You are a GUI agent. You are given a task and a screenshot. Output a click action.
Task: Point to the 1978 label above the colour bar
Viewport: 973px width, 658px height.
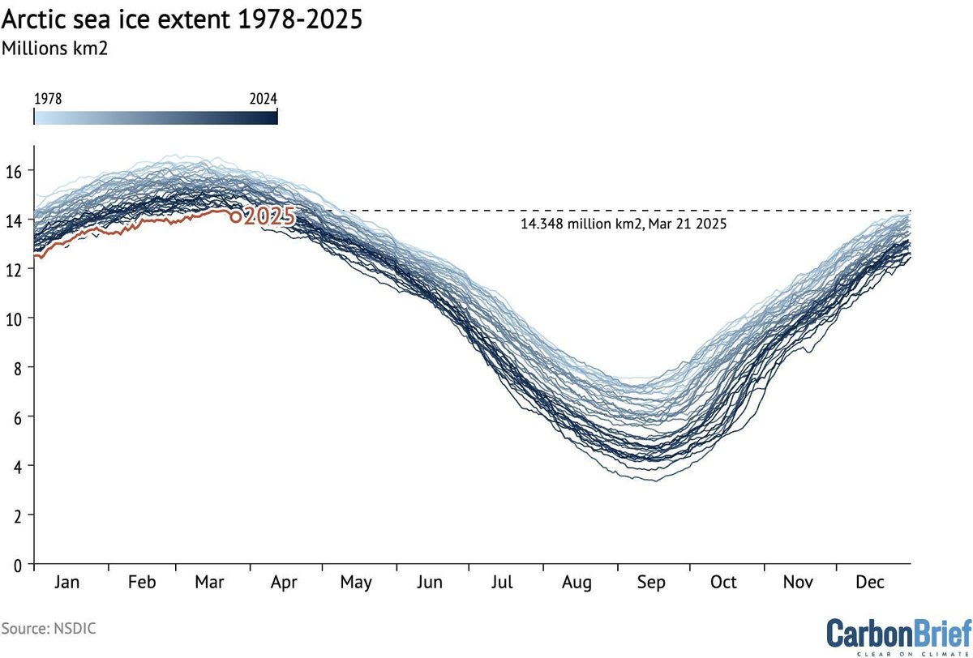pos(48,98)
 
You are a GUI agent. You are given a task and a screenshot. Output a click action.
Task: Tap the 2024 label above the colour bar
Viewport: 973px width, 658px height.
pos(263,98)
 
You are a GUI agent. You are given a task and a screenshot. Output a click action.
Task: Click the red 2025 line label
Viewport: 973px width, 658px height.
pos(269,216)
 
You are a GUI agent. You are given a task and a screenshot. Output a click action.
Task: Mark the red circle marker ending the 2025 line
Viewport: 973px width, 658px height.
pos(236,216)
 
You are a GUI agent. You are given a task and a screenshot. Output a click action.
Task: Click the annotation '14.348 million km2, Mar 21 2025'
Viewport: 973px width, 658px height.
pos(623,224)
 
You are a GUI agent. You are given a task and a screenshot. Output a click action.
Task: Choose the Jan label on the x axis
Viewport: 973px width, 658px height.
pos(71,583)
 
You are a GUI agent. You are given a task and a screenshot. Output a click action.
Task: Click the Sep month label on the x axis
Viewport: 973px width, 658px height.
pos(652,583)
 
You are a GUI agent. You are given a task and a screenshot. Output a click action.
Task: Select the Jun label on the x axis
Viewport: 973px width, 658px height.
pos(430,583)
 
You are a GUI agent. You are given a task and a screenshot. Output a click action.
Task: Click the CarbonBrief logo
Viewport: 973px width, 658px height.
pos(898,630)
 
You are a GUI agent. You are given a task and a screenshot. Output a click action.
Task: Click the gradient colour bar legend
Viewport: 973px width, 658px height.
pos(156,117)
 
